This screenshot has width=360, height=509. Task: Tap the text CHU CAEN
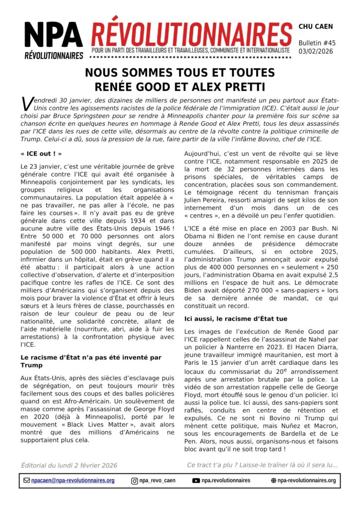pos(316,26)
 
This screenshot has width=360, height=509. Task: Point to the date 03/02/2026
pos(317,51)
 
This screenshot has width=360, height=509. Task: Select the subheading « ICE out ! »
pos(41,154)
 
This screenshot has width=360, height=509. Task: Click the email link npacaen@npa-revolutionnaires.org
pos(73,481)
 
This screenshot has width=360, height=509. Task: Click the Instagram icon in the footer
pos(134,481)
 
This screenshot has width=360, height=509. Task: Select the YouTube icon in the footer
pos(196,481)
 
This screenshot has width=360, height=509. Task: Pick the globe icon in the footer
pos(273,481)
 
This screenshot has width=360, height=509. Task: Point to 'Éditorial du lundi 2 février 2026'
pos(69,465)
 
